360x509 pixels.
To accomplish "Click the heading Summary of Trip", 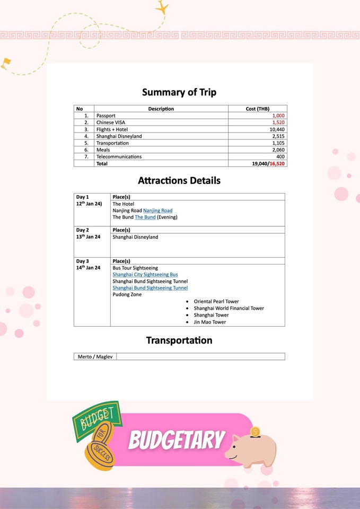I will click(x=179, y=92).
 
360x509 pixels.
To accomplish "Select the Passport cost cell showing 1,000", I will click(x=278, y=116).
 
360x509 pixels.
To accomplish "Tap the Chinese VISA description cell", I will click(x=112, y=122).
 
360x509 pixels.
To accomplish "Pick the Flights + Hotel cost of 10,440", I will click(x=277, y=129).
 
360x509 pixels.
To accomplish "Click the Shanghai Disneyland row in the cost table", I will click(x=119, y=136).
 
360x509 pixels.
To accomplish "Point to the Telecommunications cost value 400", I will click(x=280, y=156).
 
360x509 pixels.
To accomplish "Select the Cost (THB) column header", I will click(x=258, y=109).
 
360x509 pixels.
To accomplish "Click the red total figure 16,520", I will click(x=277, y=164).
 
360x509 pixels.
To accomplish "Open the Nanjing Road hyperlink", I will click(x=157, y=210).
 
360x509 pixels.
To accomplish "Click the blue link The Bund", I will click(x=145, y=217).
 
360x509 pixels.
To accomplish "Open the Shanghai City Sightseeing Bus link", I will click(x=145, y=275).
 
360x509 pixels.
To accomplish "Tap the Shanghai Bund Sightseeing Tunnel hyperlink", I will click(x=150, y=288).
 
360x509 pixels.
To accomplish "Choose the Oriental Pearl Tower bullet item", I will click(x=216, y=302).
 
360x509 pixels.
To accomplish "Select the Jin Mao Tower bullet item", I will click(x=209, y=322).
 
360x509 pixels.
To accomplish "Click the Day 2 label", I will click(x=82, y=230).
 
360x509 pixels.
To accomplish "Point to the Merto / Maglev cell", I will click(x=95, y=357).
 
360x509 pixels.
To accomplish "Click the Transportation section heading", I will click(x=179, y=340).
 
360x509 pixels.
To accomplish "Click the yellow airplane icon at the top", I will click(x=162, y=8).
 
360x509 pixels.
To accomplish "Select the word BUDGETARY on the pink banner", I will click(x=177, y=440).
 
